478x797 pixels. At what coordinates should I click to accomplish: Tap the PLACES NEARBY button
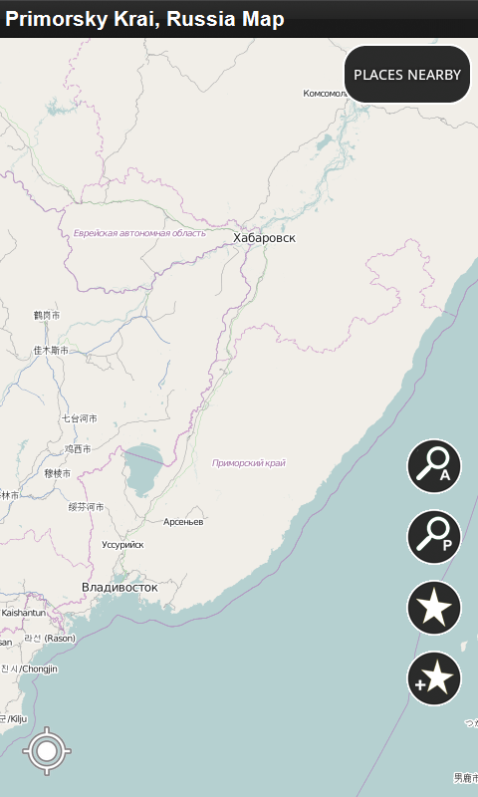tap(407, 75)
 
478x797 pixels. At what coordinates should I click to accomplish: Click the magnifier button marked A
tap(434, 466)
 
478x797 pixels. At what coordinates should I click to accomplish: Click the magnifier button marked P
tap(434, 536)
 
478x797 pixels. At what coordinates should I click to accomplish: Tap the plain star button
tap(434, 607)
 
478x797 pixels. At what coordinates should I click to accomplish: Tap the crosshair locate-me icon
tap(46, 751)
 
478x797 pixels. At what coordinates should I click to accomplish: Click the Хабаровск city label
tap(264, 238)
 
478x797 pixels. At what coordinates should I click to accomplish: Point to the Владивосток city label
tap(119, 587)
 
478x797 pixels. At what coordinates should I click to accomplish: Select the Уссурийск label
tap(122, 545)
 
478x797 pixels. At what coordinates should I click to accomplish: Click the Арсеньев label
tap(183, 522)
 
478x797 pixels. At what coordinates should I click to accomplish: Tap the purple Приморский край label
tap(249, 463)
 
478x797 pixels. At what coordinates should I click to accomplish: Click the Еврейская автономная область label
tap(139, 233)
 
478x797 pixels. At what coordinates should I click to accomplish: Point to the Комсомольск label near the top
tap(325, 94)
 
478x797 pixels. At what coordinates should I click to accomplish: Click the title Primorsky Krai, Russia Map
tap(144, 19)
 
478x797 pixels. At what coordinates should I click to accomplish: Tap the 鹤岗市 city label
tap(47, 315)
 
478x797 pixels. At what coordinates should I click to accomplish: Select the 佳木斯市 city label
tap(51, 351)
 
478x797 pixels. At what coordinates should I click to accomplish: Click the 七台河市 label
tap(80, 418)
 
